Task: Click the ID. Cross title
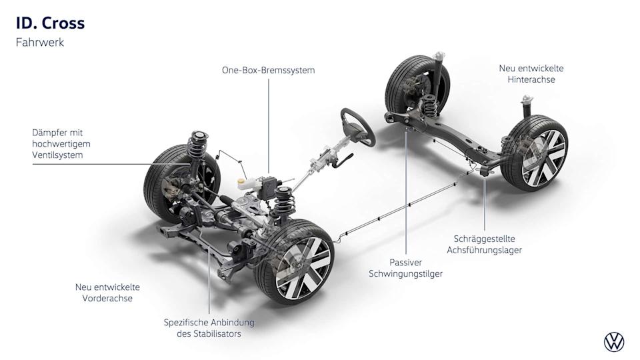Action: (x=50, y=23)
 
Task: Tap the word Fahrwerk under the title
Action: (x=39, y=42)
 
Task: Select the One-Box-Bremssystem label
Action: (x=268, y=70)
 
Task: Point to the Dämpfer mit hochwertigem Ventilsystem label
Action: (x=61, y=144)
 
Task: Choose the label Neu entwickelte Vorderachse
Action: (x=107, y=293)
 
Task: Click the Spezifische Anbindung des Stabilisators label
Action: (x=209, y=328)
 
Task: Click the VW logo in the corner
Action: (x=614, y=343)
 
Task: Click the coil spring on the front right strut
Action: (x=283, y=199)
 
